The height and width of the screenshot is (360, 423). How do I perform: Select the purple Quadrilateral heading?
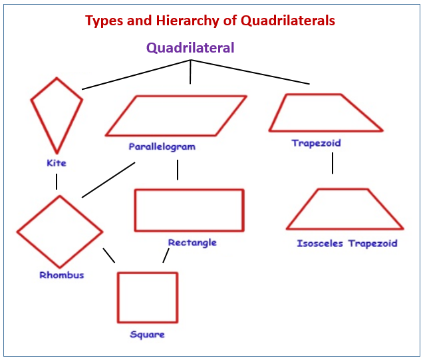[x=190, y=48]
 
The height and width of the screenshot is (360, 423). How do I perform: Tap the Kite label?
[x=57, y=163]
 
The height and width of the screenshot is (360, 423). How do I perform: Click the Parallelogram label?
[x=162, y=147]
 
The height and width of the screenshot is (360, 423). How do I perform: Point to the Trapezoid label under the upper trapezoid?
[x=316, y=143]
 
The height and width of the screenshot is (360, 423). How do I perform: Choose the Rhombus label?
[x=62, y=275]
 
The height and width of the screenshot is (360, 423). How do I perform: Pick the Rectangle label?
[x=192, y=243]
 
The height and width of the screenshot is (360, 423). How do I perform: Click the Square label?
[x=147, y=335]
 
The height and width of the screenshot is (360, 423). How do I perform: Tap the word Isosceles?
[x=320, y=244]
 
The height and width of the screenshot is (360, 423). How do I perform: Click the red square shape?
[x=118, y=297]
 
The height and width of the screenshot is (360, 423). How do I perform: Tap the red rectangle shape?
[x=136, y=210]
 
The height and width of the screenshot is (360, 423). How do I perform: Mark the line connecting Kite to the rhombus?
[x=57, y=182]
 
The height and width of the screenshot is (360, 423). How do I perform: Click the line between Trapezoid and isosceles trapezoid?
[x=333, y=163]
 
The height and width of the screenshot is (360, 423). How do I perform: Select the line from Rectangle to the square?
[x=166, y=256]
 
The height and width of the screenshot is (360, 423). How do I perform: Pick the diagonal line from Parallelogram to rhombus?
[x=108, y=180]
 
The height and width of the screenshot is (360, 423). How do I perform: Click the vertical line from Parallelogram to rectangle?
[x=178, y=170]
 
